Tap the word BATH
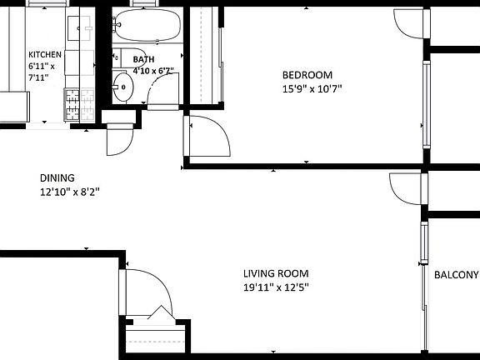click(144, 60)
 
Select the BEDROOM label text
click(307, 73)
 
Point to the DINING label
click(57, 177)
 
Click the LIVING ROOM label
click(276, 273)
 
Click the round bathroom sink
click(124, 87)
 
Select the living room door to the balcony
click(404, 188)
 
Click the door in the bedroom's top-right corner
click(408, 24)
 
